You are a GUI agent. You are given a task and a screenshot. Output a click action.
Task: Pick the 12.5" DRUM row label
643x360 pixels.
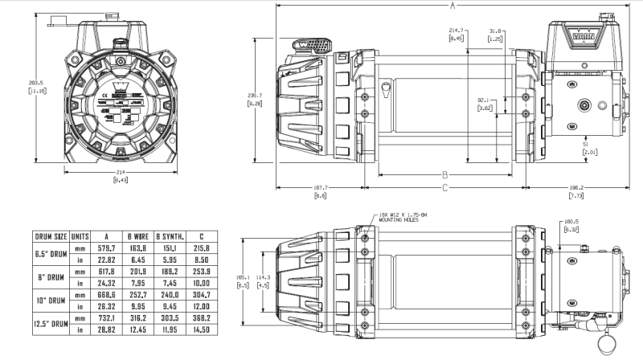tap(50, 328)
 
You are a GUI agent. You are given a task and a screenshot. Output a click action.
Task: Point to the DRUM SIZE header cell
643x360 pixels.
tap(50, 237)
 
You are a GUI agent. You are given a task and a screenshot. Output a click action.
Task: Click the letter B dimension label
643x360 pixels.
tap(444, 174)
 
